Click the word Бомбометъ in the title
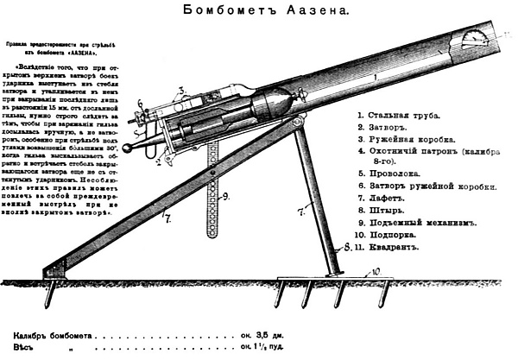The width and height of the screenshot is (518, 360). tap(225, 11)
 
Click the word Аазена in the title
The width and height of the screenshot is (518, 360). tap(306, 11)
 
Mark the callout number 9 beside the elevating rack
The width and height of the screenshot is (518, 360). tap(224, 197)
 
